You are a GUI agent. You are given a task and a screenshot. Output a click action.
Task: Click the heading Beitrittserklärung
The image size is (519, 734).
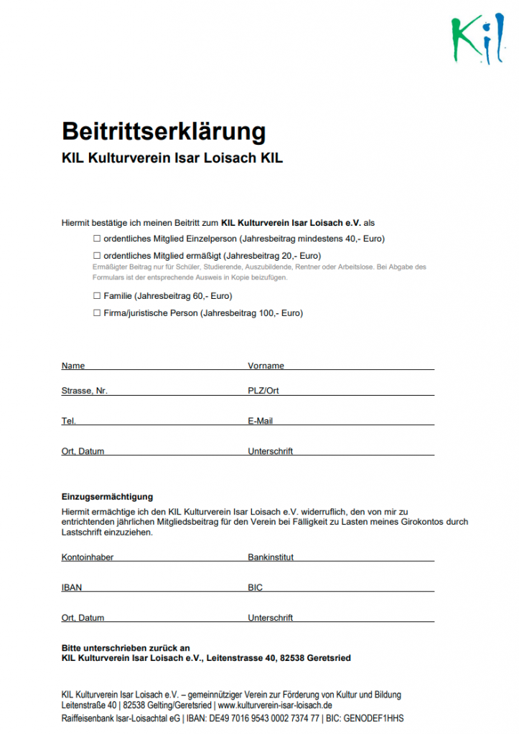point(164,131)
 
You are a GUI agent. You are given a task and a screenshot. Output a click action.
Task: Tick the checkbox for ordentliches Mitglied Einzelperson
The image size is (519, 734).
point(97,238)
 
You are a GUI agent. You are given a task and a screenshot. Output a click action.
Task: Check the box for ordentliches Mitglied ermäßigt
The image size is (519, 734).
point(97,255)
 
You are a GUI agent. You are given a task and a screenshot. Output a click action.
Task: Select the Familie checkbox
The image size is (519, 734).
point(97,295)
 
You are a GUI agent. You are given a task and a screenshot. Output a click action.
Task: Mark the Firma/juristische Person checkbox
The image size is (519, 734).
point(97,313)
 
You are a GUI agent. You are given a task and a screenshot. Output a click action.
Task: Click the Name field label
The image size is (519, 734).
point(73,366)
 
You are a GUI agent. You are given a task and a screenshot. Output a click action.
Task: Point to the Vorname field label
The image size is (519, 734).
point(266,366)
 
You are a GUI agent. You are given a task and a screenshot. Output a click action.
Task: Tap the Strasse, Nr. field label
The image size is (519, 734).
point(85,391)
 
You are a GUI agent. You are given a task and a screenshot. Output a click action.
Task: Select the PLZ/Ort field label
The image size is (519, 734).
point(263,391)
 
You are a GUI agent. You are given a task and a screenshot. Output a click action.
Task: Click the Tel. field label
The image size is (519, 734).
point(69,421)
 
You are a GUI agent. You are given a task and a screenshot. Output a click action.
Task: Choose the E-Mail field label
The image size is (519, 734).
point(261,421)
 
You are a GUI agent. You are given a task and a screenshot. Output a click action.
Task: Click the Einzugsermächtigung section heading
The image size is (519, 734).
point(107,497)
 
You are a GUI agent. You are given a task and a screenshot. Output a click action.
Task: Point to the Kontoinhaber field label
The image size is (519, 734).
point(88,557)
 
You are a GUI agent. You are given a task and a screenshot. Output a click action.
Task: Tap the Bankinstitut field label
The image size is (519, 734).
point(271,557)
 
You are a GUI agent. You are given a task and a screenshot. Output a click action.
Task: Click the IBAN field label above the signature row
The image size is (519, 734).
point(72,588)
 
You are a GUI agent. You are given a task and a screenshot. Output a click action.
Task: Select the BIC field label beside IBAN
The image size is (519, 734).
point(256,588)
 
